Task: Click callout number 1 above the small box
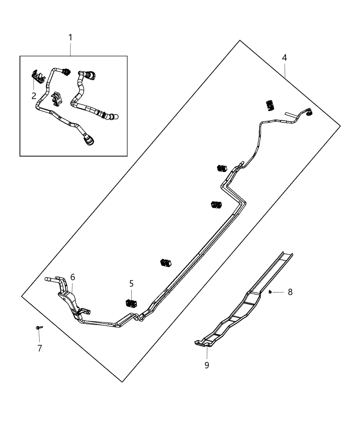[x=70, y=37]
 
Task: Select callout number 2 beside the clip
[x=34, y=96]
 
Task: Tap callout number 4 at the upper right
[x=284, y=58]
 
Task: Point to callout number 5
[x=131, y=283]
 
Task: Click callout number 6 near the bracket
[x=72, y=277]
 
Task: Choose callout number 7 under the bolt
[x=40, y=348]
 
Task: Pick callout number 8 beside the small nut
[x=290, y=292]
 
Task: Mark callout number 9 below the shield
[x=207, y=365]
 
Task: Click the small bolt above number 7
[x=39, y=328]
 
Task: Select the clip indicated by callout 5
[x=130, y=303]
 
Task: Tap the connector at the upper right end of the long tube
[x=308, y=112]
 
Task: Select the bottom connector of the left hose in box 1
[x=89, y=141]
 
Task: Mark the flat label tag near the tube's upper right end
[x=291, y=113]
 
